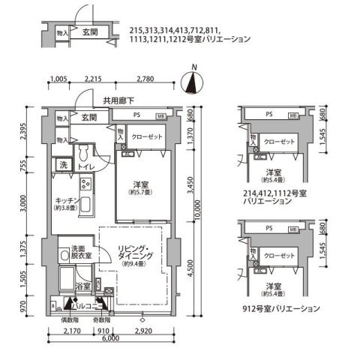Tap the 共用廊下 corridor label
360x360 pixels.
pos(118,100)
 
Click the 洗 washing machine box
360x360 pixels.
pos(64,165)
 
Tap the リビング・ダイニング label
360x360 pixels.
pos(136,252)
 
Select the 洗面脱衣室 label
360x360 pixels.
pos(81,253)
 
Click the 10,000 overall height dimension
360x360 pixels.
pos(197,214)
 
